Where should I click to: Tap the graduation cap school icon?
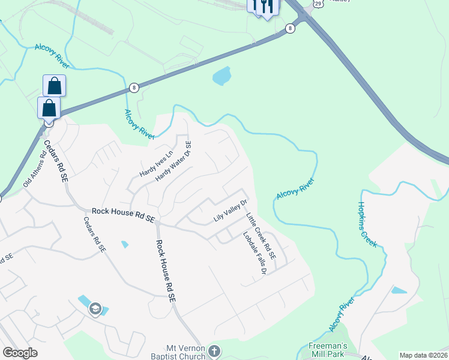95,308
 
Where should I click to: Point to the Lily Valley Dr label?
231,211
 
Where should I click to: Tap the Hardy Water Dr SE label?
173,161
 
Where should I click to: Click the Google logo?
20,352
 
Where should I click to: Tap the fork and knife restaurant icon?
268,6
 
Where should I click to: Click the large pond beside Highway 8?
221,76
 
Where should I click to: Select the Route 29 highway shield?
319,4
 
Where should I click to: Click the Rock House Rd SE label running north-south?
165,270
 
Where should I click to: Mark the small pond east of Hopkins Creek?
398,290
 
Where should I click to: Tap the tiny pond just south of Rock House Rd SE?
125,244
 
